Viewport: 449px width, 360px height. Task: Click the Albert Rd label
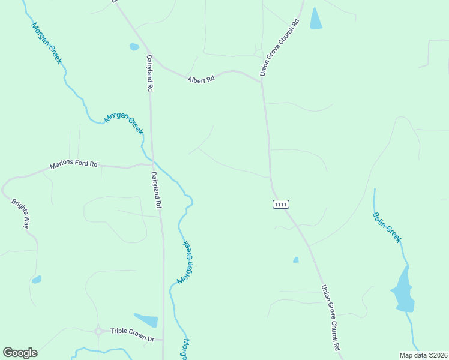200,79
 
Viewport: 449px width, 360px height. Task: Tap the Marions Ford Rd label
73,164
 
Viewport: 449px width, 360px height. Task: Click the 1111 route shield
281,205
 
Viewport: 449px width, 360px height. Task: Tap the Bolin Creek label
387,227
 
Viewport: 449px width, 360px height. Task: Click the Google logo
20,353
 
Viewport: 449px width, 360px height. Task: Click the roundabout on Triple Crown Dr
98,331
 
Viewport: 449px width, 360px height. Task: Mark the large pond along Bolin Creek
403,290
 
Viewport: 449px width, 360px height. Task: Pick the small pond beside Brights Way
37,279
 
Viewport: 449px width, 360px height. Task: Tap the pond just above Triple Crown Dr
146,320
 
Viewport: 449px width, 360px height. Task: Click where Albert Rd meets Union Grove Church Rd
261,80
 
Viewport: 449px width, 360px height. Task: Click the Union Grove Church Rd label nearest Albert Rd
279,49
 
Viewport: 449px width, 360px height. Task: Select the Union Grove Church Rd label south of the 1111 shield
331,317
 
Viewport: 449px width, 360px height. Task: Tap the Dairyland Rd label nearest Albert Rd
150,73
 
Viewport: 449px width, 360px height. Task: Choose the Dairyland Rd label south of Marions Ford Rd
157,190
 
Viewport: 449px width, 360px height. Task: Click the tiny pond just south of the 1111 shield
296,260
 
